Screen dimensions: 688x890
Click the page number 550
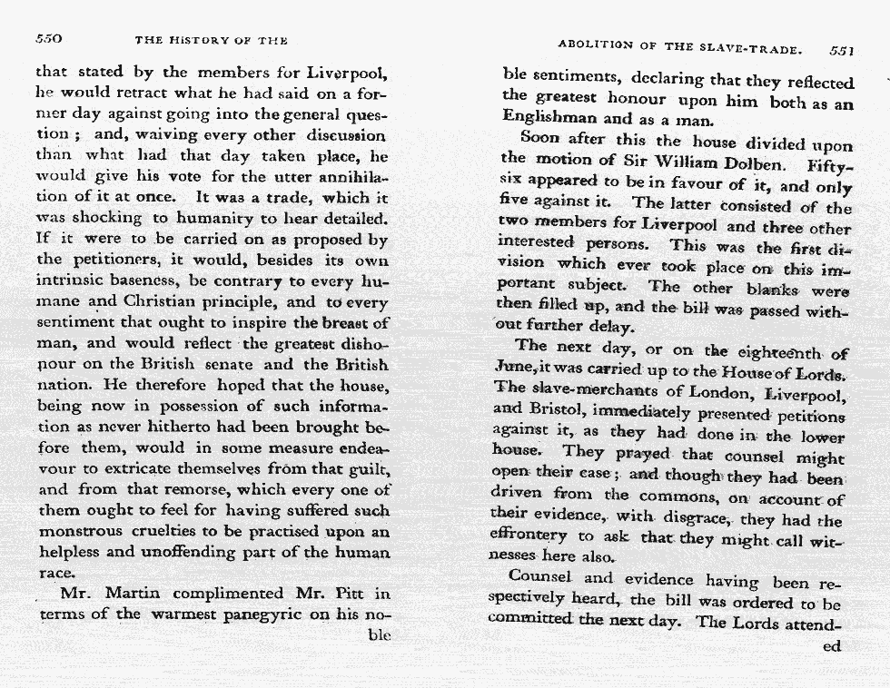[x=47, y=40]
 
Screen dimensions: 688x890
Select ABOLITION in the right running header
[x=594, y=46]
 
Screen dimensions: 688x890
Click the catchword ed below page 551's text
[x=831, y=647]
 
